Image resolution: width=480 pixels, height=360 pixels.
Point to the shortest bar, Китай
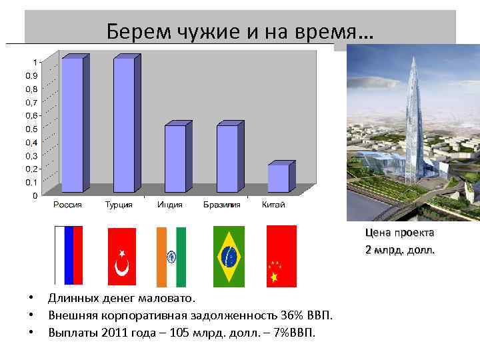[x=279, y=178]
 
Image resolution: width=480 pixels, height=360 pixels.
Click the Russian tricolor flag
[x=68, y=255]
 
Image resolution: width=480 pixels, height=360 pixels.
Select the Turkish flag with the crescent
[x=121, y=257]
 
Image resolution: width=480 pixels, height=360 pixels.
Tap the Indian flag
[x=171, y=257]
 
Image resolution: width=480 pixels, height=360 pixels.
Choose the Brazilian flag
[x=229, y=257]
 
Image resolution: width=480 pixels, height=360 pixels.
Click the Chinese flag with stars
[x=281, y=257]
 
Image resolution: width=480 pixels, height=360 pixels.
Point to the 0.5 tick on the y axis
[x=31, y=129]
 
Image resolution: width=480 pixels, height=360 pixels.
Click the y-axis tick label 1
[x=35, y=63]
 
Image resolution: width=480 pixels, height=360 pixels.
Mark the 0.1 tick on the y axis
[x=31, y=182]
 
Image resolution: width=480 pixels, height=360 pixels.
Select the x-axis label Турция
[x=119, y=205]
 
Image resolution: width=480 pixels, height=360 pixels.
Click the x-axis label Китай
[x=273, y=205]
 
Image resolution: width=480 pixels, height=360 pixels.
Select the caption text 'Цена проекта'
[x=399, y=233]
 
